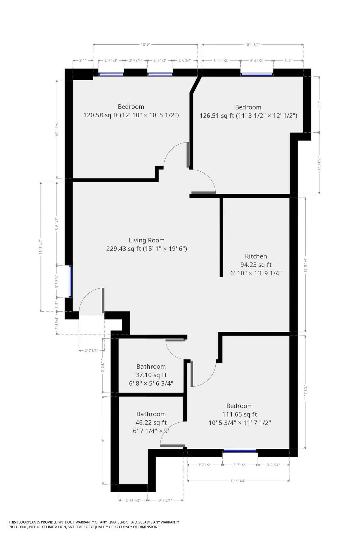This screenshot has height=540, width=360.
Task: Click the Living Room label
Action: coord(146,240)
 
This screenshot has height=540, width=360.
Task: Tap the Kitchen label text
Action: coord(256,256)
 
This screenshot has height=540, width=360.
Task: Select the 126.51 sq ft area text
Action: coord(248,115)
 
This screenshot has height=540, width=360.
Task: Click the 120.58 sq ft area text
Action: coord(131,115)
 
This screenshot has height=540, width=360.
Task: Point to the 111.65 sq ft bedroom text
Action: coord(239,414)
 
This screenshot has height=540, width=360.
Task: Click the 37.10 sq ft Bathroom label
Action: coord(151,367)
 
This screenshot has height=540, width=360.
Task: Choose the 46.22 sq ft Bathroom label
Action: coord(151,414)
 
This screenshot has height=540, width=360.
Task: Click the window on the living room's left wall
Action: coord(71,281)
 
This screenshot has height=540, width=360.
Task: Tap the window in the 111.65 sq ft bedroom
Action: coord(240,451)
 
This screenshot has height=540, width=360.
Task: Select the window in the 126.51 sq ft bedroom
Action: coord(257,74)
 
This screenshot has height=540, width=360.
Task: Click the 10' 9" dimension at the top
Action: coord(145,44)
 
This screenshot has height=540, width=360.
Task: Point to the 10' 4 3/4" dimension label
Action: coord(252,44)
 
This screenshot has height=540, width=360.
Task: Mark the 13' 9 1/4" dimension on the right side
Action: coord(305,265)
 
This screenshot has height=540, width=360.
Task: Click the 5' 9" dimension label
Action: coord(319,104)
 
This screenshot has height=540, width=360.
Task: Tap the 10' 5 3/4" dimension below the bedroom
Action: coord(238,481)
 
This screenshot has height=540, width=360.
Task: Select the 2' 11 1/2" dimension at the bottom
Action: coord(133,500)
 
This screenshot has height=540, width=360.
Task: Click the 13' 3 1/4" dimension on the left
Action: coord(41,247)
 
